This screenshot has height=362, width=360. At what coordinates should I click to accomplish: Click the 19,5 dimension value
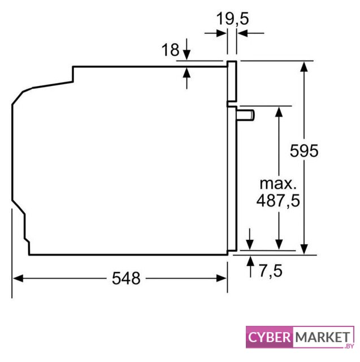click(x=233, y=19)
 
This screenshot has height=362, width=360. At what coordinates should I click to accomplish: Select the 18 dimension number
click(x=170, y=49)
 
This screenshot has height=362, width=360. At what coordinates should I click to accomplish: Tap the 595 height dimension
click(x=304, y=151)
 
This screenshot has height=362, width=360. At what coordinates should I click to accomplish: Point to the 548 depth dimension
click(x=126, y=278)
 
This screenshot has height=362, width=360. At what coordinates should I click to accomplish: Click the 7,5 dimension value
click(x=271, y=270)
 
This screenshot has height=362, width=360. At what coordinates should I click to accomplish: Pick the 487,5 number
click(x=278, y=200)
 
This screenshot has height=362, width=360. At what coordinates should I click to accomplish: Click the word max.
click(x=278, y=184)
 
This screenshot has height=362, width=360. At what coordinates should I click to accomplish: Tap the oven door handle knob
click(x=245, y=115)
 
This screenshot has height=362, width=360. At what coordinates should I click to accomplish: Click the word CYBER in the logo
click(x=270, y=337)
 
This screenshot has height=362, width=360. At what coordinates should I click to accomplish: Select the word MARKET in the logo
click(x=323, y=337)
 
